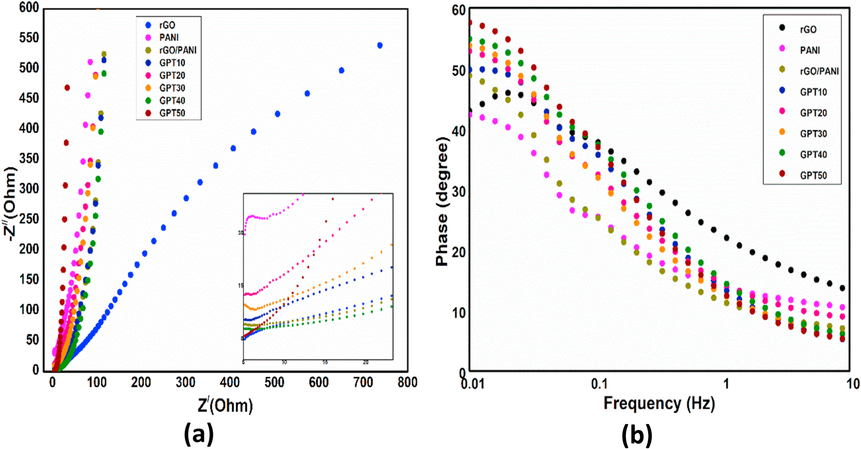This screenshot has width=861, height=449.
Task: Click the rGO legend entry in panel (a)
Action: coord(167,25)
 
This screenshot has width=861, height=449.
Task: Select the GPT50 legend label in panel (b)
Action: coord(813,175)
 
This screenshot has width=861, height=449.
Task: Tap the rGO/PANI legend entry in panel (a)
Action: coord(177,50)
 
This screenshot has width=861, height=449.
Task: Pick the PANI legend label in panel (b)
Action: coord(810,50)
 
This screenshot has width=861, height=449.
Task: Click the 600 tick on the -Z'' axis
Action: coord(29,8)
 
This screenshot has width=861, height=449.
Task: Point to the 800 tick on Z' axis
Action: coord(407,382)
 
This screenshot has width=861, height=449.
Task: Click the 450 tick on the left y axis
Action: coord(29,98)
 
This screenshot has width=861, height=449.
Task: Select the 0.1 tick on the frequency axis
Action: coord(599,383)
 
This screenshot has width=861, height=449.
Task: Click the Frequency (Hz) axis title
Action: coord(659,404)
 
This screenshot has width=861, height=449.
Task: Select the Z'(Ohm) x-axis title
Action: coord(225,405)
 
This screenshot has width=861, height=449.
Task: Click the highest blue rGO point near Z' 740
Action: coord(379,45)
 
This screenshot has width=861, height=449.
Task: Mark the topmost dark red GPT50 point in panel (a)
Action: coord(67,87)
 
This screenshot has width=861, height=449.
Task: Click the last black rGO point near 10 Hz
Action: coord(842,288)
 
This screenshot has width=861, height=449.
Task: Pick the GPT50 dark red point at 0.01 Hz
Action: coord(470,22)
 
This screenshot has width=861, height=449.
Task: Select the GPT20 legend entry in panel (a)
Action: coord(172,75)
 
